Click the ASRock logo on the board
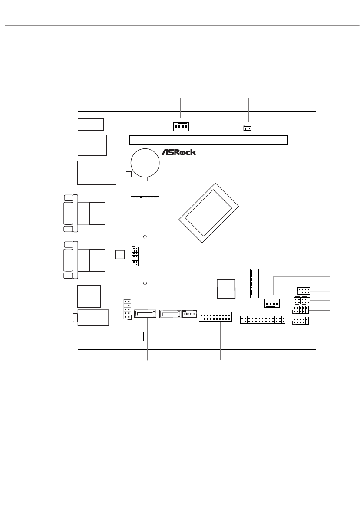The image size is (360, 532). pyautogui.click(x=178, y=152)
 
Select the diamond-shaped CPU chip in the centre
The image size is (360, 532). pyautogui.click(x=208, y=213)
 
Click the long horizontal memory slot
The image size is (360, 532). pyautogui.click(x=208, y=140)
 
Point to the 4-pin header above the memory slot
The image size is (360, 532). pyautogui.click(x=181, y=127)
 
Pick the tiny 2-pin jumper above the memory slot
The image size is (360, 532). pyautogui.click(x=248, y=128)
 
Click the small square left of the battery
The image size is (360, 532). pyautogui.click(x=129, y=174)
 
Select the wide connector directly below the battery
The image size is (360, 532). pyautogui.click(x=145, y=194)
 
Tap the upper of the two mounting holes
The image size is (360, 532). pyautogui.click(x=145, y=237)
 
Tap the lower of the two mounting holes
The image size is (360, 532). pyautogui.click(x=145, y=283)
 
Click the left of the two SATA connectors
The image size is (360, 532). pyautogui.click(x=145, y=313)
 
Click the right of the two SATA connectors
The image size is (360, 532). pyautogui.click(x=170, y=314)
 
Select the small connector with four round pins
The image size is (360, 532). pyautogui.click(x=190, y=314)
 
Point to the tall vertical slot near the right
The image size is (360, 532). pyautogui.click(x=254, y=283)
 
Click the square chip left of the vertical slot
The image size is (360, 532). pyautogui.click(x=226, y=289)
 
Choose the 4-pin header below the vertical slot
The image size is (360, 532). pyautogui.click(x=272, y=303)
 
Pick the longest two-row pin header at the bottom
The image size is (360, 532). pyautogui.click(x=263, y=320)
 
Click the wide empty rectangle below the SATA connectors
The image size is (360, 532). pyautogui.click(x=171, y=337)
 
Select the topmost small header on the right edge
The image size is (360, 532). pyautogui.click(x=304, y=291)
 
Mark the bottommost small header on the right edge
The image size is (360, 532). pyautogui.click(x=301, y=321)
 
